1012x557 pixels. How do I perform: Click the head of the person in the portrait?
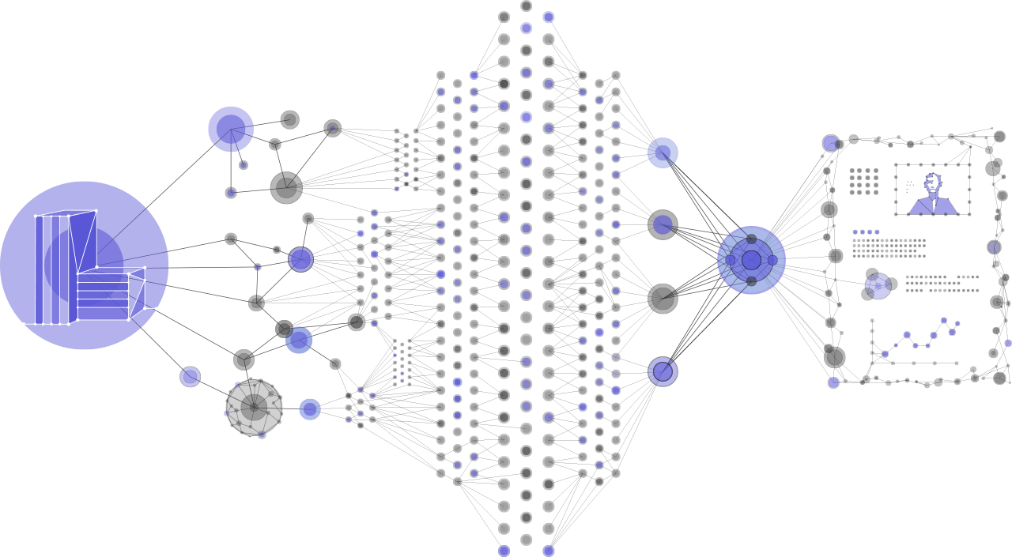tap(933, 183)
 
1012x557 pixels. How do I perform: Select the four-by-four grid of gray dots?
tap(864, 181)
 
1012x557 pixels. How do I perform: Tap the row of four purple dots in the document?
tap(866, 232)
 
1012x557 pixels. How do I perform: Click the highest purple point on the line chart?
tap(944, 320)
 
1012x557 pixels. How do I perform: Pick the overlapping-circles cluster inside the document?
tap(878, 286)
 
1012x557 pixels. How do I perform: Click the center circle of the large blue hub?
tap(751, 260)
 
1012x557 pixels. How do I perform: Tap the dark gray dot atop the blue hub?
tap(751, 239)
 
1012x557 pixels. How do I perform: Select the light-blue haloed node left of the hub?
tap(663, 152)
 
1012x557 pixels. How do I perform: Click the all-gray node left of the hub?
tap(663, 299)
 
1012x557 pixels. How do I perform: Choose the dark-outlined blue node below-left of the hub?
tap(663, 371)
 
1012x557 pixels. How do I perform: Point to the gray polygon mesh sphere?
tap(254, 408)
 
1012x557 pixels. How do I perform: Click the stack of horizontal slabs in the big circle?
tap(103, 296)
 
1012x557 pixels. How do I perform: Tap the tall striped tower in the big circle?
tap(55, 269)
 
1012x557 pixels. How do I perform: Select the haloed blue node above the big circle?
tap(231, 129)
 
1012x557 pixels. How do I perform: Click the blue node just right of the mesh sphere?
tap(310, 409)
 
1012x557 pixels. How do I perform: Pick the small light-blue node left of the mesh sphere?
tap(190, 377)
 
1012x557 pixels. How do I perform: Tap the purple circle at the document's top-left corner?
tap(830, 143)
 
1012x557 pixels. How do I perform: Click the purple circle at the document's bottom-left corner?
tap(833, 382)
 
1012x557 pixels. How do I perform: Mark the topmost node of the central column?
tap(526, 6)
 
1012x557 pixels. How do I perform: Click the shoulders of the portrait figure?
tap(933, 207)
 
